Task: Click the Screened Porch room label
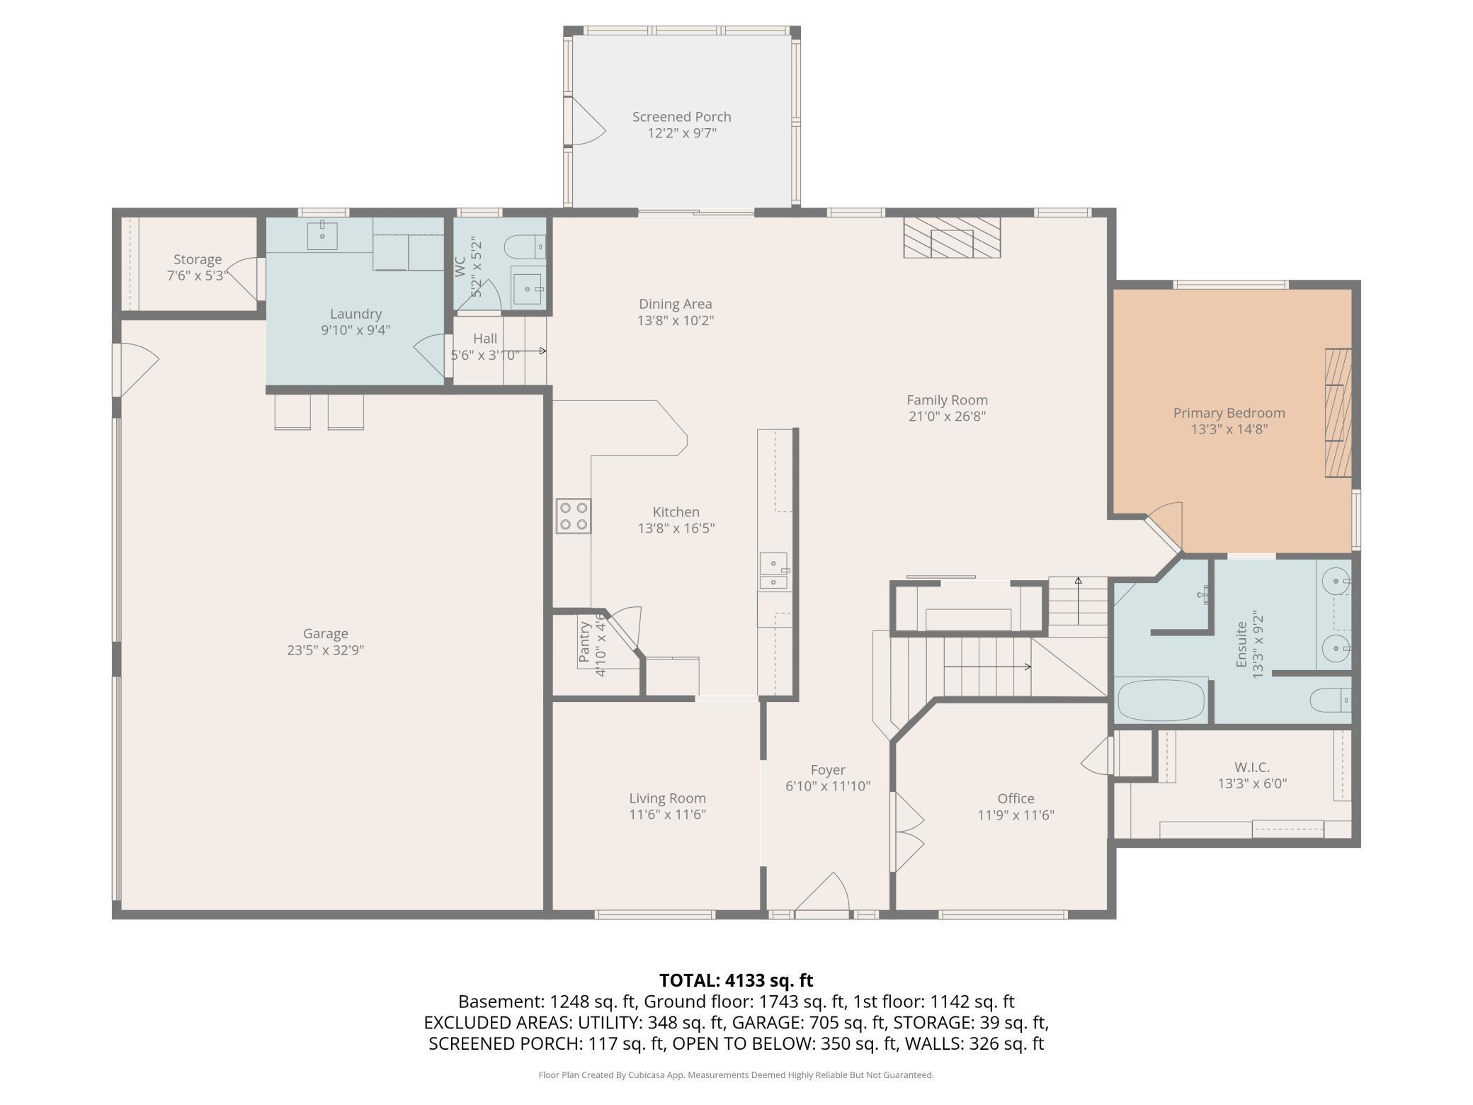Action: point(681,117)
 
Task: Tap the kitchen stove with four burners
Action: point(574,516)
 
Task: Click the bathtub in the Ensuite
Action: point(1161,700)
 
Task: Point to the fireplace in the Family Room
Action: point(952,237)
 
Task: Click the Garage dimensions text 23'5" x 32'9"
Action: point(326,650)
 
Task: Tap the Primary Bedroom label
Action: point(1229,413)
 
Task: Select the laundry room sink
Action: point(322,235)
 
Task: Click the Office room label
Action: point(1016,798)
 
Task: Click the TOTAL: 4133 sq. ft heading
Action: point(736,980)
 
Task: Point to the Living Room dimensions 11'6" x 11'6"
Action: point(668,815)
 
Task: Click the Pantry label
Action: point(584,642)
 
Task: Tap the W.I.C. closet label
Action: point(1252,767)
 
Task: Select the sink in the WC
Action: point(528,289)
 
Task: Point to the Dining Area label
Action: point(676,305)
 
